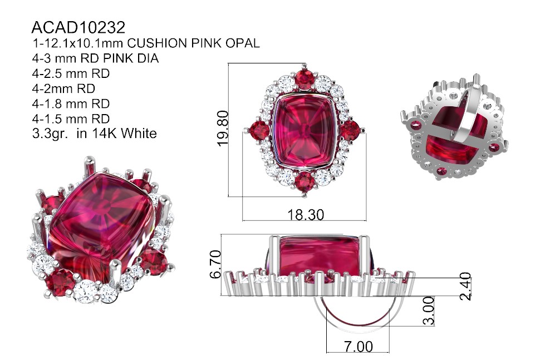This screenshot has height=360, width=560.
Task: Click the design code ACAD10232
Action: [78, 27]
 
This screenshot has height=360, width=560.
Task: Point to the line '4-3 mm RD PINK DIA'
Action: [95, 58]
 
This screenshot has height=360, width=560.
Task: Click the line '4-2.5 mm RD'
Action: [71, 73]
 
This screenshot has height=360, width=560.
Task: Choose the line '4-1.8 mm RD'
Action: [71, 104]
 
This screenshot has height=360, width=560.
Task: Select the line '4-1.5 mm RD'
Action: [71, 119]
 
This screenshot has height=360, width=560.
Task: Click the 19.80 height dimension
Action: [223, 129]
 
